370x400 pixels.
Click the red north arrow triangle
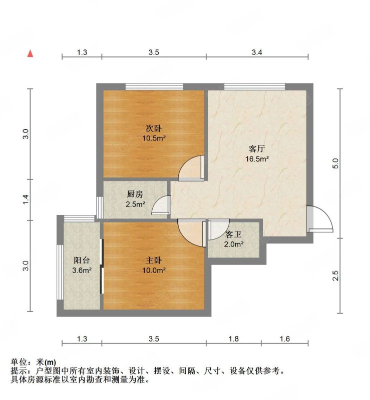click(31, 53)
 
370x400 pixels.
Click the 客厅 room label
click(256, 149)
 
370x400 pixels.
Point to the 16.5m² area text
click(257, 159)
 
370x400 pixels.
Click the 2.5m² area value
click(135, 204)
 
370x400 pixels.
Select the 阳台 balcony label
click(82, 260)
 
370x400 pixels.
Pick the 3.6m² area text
click(82, 270)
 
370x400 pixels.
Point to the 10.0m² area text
click(154, 270)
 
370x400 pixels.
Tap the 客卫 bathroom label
click(233, 234)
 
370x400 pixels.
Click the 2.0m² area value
click(234, 244)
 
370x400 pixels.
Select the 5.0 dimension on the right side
click(336, 163)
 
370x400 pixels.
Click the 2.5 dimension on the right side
click(336, 275)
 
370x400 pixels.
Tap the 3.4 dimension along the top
click(257, 52)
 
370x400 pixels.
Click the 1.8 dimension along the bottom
click(233, 339)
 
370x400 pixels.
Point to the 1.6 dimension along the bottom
click(284, 339)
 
